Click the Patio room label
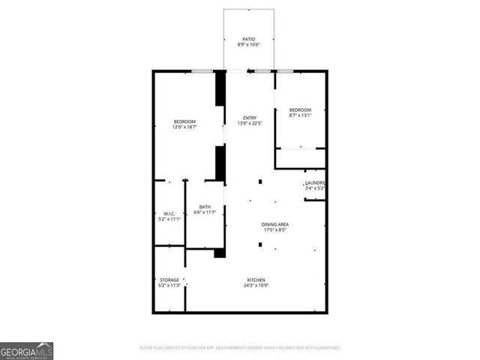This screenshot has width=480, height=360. [247, 39]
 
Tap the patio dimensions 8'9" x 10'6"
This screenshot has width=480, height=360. [247, 46]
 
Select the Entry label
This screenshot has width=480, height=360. [250, 118]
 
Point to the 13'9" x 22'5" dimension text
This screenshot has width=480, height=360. [250, 124]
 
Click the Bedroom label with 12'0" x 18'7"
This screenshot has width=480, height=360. [184, 122]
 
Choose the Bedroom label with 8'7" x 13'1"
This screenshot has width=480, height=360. [300, 109]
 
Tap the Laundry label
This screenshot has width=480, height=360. [314, 183]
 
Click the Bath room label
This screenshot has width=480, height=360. [205, 207]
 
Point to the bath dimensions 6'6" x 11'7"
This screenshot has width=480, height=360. [205, 213]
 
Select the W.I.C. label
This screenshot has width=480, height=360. [169, 214]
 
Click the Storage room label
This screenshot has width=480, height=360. [169, 280]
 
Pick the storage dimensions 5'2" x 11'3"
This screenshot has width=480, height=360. [169, 286]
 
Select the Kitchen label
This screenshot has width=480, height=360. [256, 280]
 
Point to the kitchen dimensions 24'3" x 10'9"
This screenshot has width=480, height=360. [256, 286]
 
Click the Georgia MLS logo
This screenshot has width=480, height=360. [26, 350]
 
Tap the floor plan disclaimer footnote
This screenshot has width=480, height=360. [240, 348]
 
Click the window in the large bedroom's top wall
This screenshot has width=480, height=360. [200, 71]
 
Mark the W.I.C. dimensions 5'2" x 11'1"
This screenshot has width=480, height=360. [169, 220]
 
